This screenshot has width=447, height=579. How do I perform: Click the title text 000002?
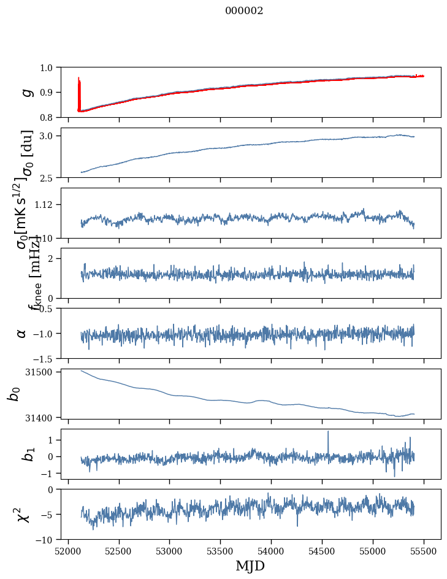point(244,11)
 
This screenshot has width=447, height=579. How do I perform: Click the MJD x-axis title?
point(250,566)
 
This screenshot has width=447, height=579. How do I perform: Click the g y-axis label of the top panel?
point(26,92)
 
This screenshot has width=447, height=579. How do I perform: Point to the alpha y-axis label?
point(21,333)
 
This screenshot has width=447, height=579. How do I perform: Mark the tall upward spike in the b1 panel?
point(328,433)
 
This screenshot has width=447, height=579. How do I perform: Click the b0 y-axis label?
point(13,394)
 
